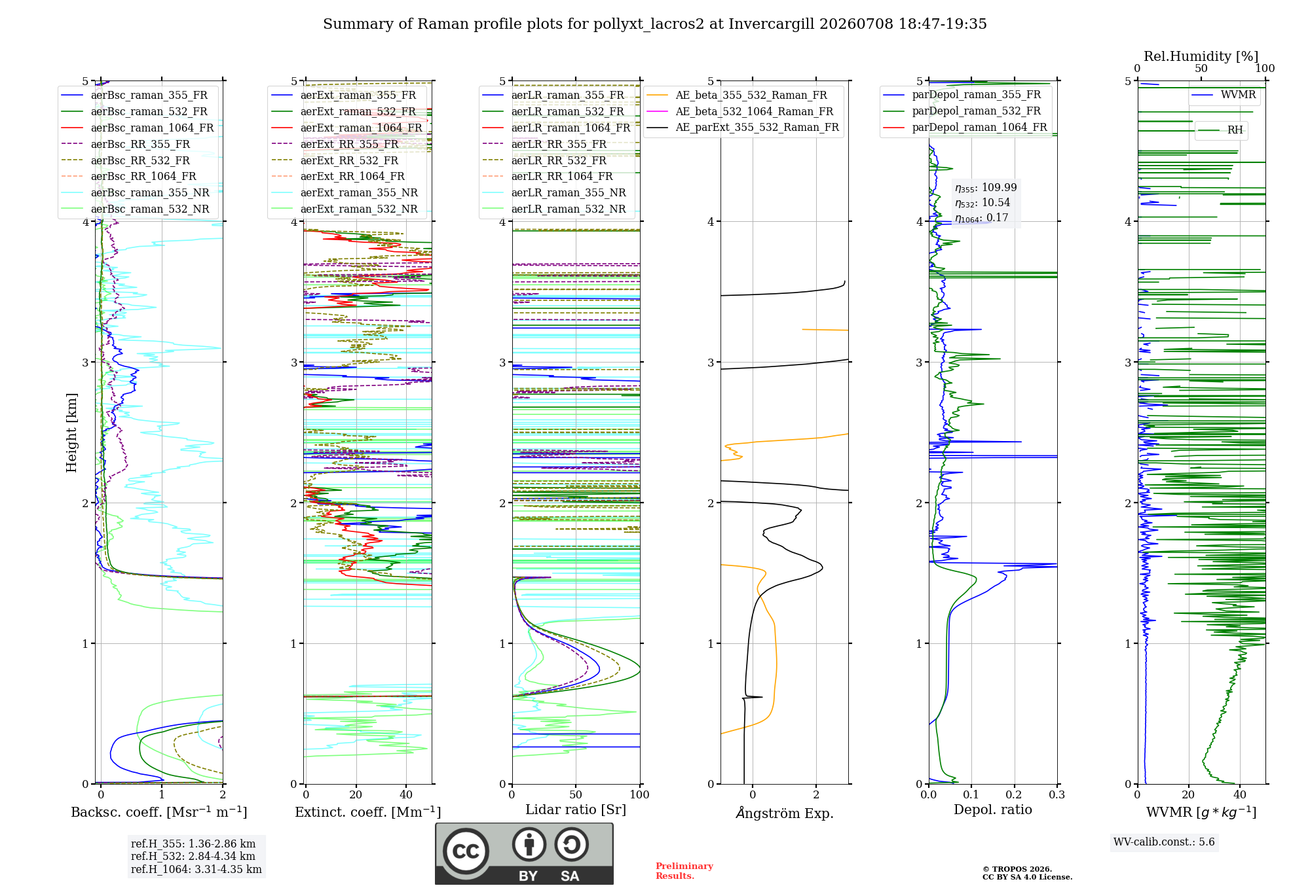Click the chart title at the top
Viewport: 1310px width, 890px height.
click(655, 24)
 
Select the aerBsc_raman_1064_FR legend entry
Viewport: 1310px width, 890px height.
click(137, 128)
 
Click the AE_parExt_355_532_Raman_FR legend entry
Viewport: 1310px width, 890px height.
click(743, 127)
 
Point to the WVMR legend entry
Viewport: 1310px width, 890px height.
click(1224, 95)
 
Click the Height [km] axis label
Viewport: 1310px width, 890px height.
click(71, 433)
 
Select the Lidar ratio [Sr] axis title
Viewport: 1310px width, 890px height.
click(576, 810)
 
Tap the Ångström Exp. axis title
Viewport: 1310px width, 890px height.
click(785, 813)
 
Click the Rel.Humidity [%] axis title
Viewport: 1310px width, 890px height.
click(1201, 56)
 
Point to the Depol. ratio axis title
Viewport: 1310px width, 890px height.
click(993, 810)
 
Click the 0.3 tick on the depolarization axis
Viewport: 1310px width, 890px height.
click(1057, 794)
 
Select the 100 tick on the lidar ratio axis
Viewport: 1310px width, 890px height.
click(640, 794)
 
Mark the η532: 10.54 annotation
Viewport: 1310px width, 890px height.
click(982, 203)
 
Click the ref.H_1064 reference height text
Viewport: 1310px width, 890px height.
click(196, 869)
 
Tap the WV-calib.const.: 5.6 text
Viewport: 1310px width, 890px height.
click(1164, 842)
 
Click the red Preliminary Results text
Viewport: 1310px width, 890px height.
click(684, 871)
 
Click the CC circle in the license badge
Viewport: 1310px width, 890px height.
click(466, 851)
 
